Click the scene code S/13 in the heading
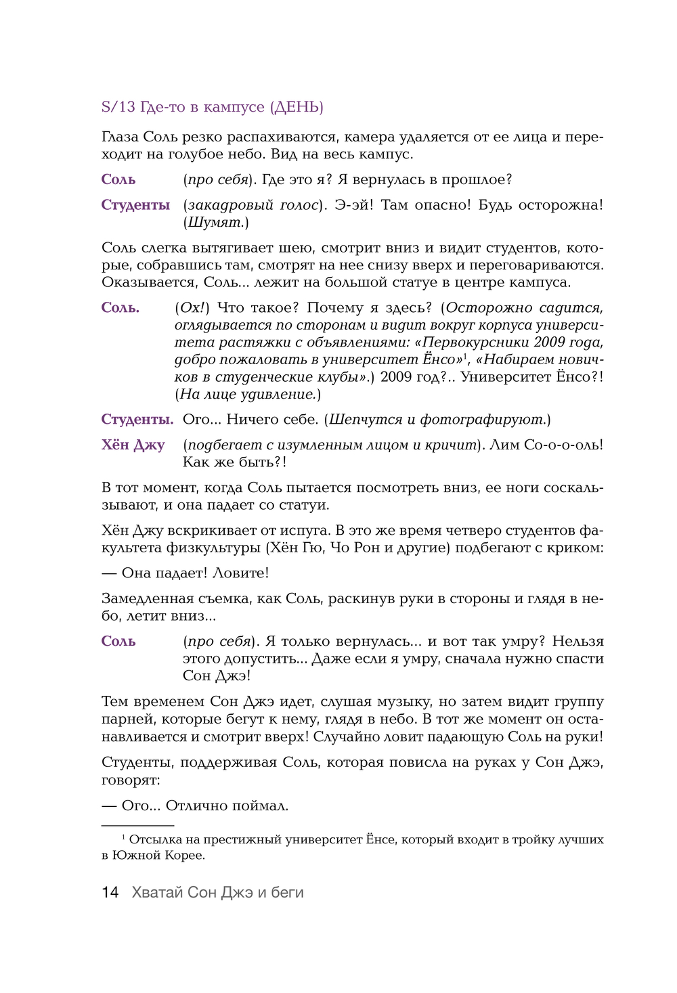coord(118,107)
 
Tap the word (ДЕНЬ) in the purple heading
coord(297,107)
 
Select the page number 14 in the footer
coord(110,892)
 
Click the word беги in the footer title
coord(287,892)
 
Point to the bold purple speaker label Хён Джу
coord(133,445)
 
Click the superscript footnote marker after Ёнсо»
coord(465,355)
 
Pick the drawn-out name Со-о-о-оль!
coord(563,445)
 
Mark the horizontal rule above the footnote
coord(137,826)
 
